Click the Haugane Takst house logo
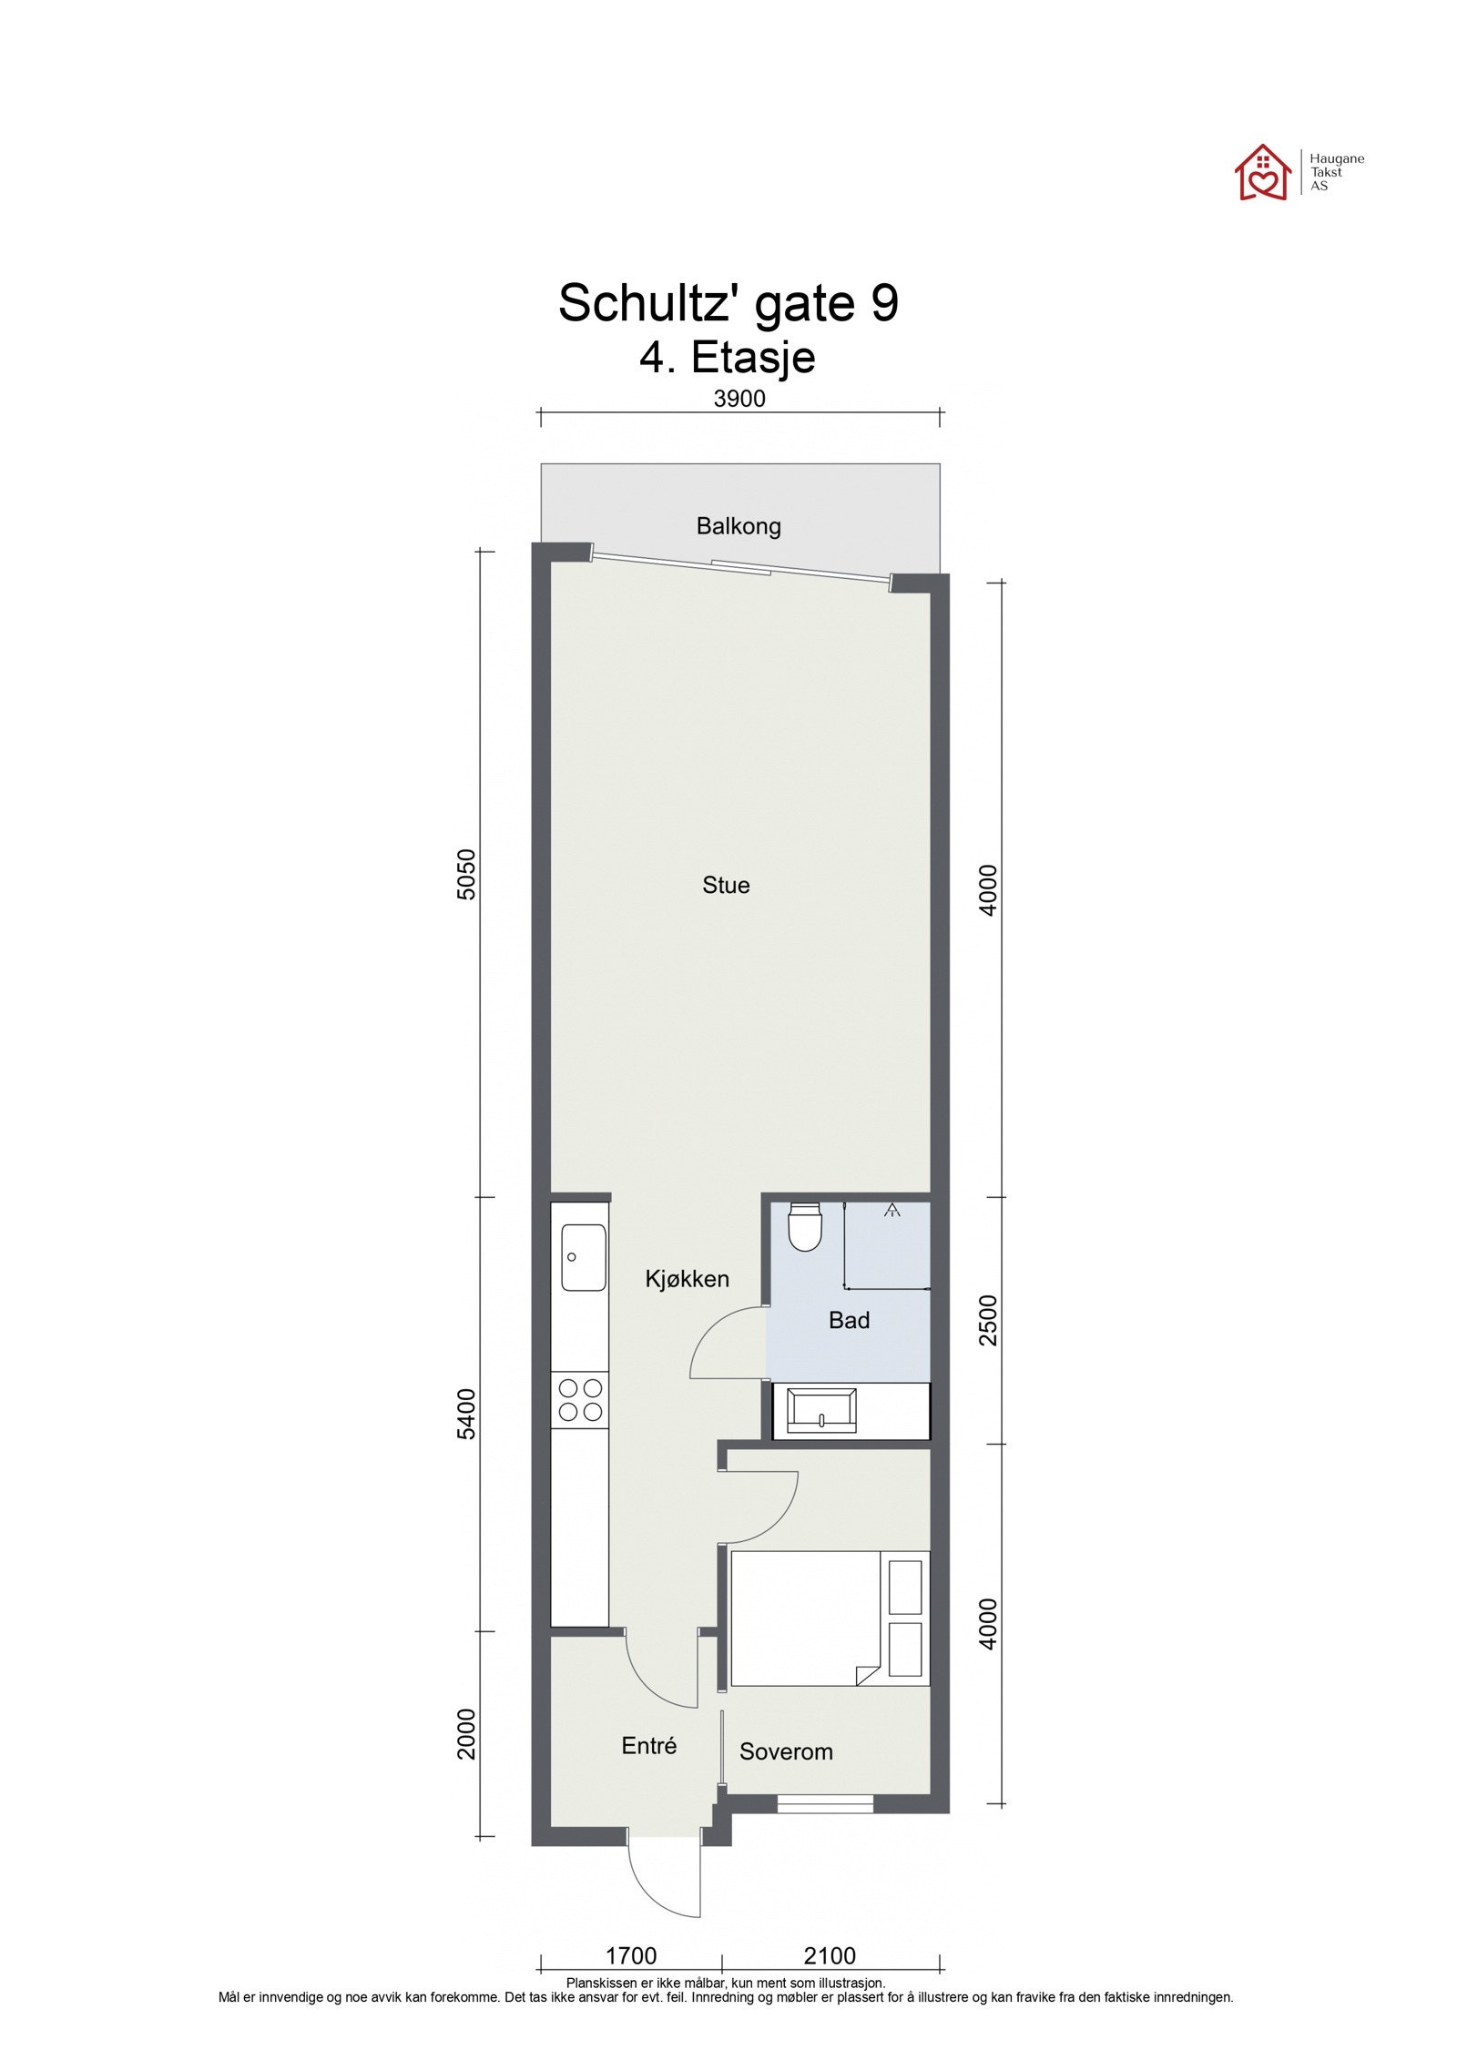click(1262, 172)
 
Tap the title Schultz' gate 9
click(728, 302)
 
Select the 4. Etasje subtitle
click(727, 356)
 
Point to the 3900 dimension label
click(739, 399)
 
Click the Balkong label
click(738, 526)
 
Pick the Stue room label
click(726, 885)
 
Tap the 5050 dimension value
click(465, 874)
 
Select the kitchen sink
click(583, 1257)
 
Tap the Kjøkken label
click(687, 1279)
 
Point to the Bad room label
click(849, 1320)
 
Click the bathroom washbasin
click(821, 1411)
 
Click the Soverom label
click(786, 1752)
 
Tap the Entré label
click(648, 1746)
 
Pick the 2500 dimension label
click(989, 1320)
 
